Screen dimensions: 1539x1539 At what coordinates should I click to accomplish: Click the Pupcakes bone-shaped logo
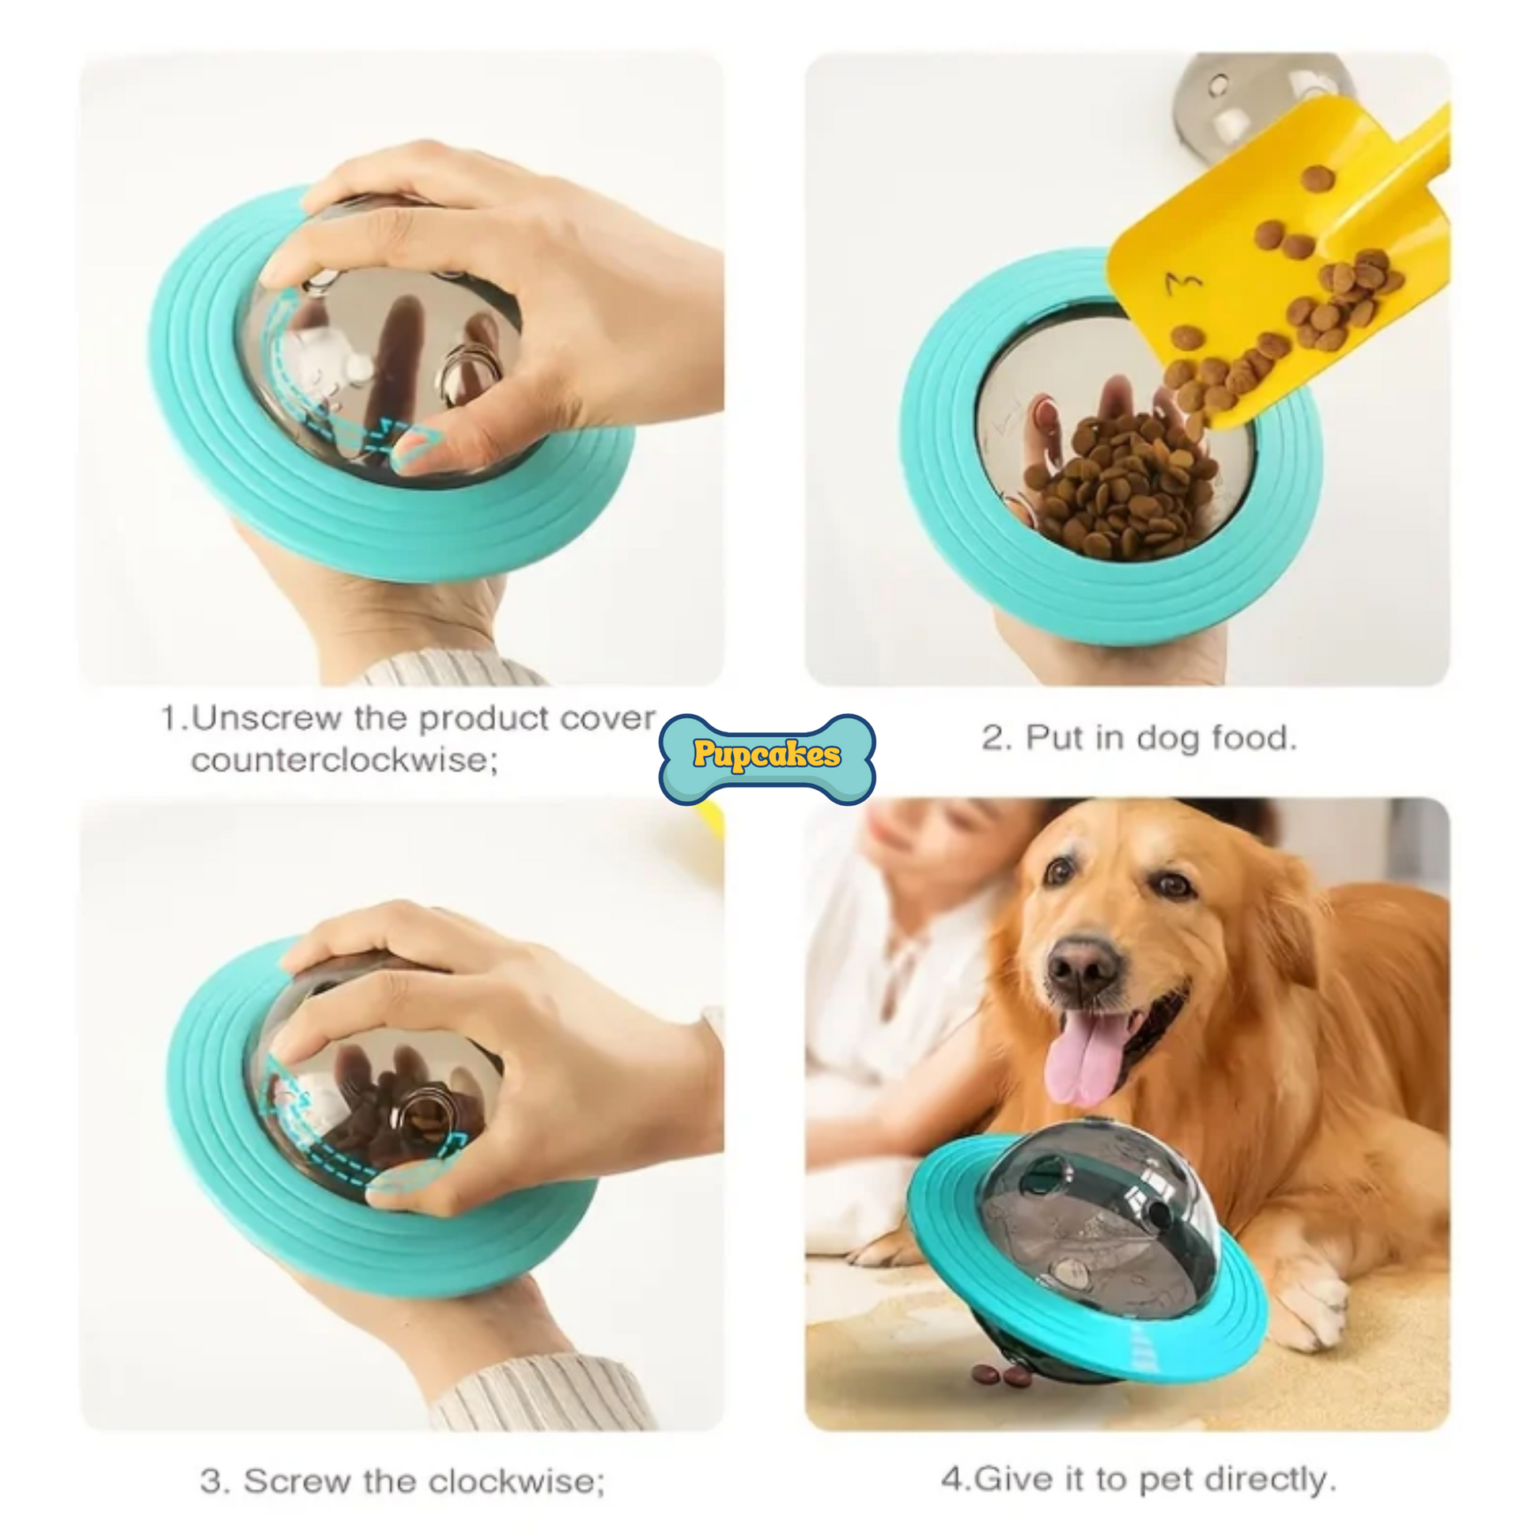[767, 758]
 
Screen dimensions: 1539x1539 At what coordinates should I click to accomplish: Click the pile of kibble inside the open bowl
[1118, 486]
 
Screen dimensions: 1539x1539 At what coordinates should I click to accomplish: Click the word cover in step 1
[607, 718]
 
